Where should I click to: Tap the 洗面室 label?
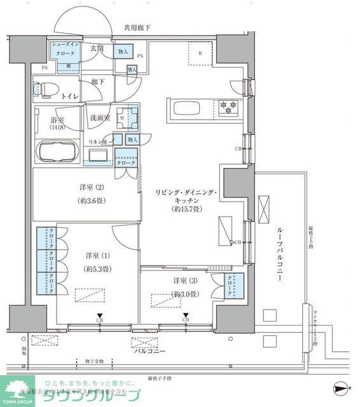click(99, 118)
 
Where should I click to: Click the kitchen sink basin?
click(185, 106)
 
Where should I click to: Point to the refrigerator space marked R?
click(200, 54)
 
